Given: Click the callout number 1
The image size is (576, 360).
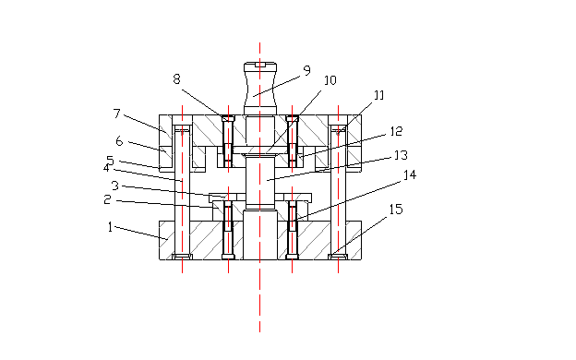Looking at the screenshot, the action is [x=110, y=227].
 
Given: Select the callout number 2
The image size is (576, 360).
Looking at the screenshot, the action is [x=107, y=199].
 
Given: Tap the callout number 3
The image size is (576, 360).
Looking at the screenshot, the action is [x=115, y=186].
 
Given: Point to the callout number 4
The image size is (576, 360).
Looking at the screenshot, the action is [x=106, y=168].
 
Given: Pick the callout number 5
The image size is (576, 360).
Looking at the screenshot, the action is [x=110, y=161].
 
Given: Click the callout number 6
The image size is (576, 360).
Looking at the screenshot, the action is [x=119, y=140].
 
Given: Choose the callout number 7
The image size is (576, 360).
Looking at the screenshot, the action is [x=117, y=114].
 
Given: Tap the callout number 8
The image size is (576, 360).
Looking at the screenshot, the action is [x=176, y=79].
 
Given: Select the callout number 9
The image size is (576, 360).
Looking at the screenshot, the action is [x=307, y=70].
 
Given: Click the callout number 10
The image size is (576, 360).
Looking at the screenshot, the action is [x=330, y=80].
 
